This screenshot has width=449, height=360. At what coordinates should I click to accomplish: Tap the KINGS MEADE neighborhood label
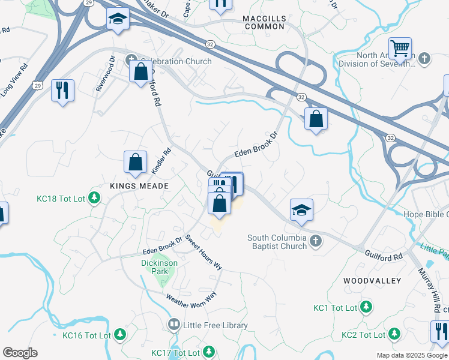[136, 186]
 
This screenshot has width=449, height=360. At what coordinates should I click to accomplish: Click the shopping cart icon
[400, 47]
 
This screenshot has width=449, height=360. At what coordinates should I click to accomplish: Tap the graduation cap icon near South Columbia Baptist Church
[302, 209]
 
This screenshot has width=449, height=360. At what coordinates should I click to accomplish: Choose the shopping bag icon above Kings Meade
[136, 162]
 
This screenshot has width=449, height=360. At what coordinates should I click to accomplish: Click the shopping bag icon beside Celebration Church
[140, 71]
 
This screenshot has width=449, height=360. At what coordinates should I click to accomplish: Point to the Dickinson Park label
[159, 267]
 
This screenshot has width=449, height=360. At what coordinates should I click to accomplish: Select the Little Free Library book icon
[174, 325]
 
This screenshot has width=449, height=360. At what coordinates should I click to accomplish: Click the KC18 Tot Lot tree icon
[94, 197]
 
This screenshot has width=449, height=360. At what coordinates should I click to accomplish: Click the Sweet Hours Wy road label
[203, 252]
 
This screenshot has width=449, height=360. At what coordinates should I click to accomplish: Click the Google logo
[20, 353]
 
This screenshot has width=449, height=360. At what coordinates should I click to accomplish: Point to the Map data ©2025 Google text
[411, 355]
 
